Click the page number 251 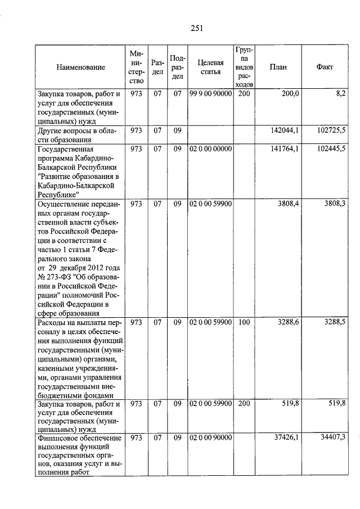pyautogui.click(x=196, y=29)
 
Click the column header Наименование pyautogui.click(x=80, y=67)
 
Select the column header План pyautogui.click(x=278, y=67)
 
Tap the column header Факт pyautogui.click(x=325, y=67)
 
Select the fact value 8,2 pyautogui.click(x=339, y=93)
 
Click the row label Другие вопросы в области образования pyautogui.click(x=76, y=135)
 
